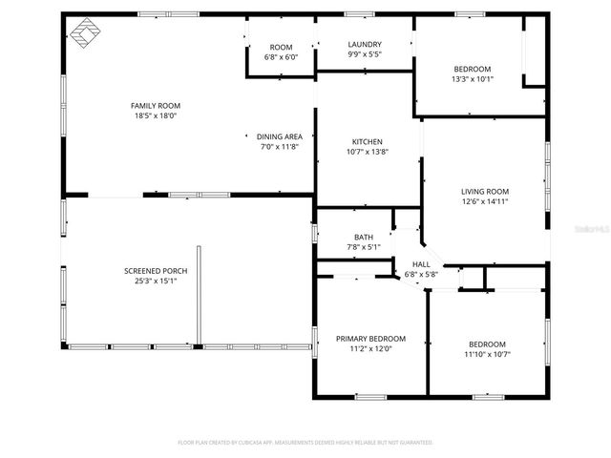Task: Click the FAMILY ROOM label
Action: tap(156, 105)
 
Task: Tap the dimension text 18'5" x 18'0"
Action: tap(156, 115)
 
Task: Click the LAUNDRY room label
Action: tap(365, 44)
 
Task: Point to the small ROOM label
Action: tap(281, 47)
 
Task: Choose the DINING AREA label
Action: tap(280, 136)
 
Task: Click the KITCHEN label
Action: tap(368, 141)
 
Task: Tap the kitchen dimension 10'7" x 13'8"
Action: tap(368, 152)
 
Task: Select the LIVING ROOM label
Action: tap(485, 191)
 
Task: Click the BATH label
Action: tap(363, 238)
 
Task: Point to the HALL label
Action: tap(421, 264)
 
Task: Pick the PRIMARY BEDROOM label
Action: tap(370, 338)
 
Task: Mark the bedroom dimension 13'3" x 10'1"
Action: tap(472, 79)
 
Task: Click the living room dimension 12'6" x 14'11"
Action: tap(485, 201)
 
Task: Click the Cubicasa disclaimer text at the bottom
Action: tap(305, 443)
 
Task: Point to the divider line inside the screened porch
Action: tap(199, 295)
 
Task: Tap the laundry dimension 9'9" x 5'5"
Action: tap(365, 54)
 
